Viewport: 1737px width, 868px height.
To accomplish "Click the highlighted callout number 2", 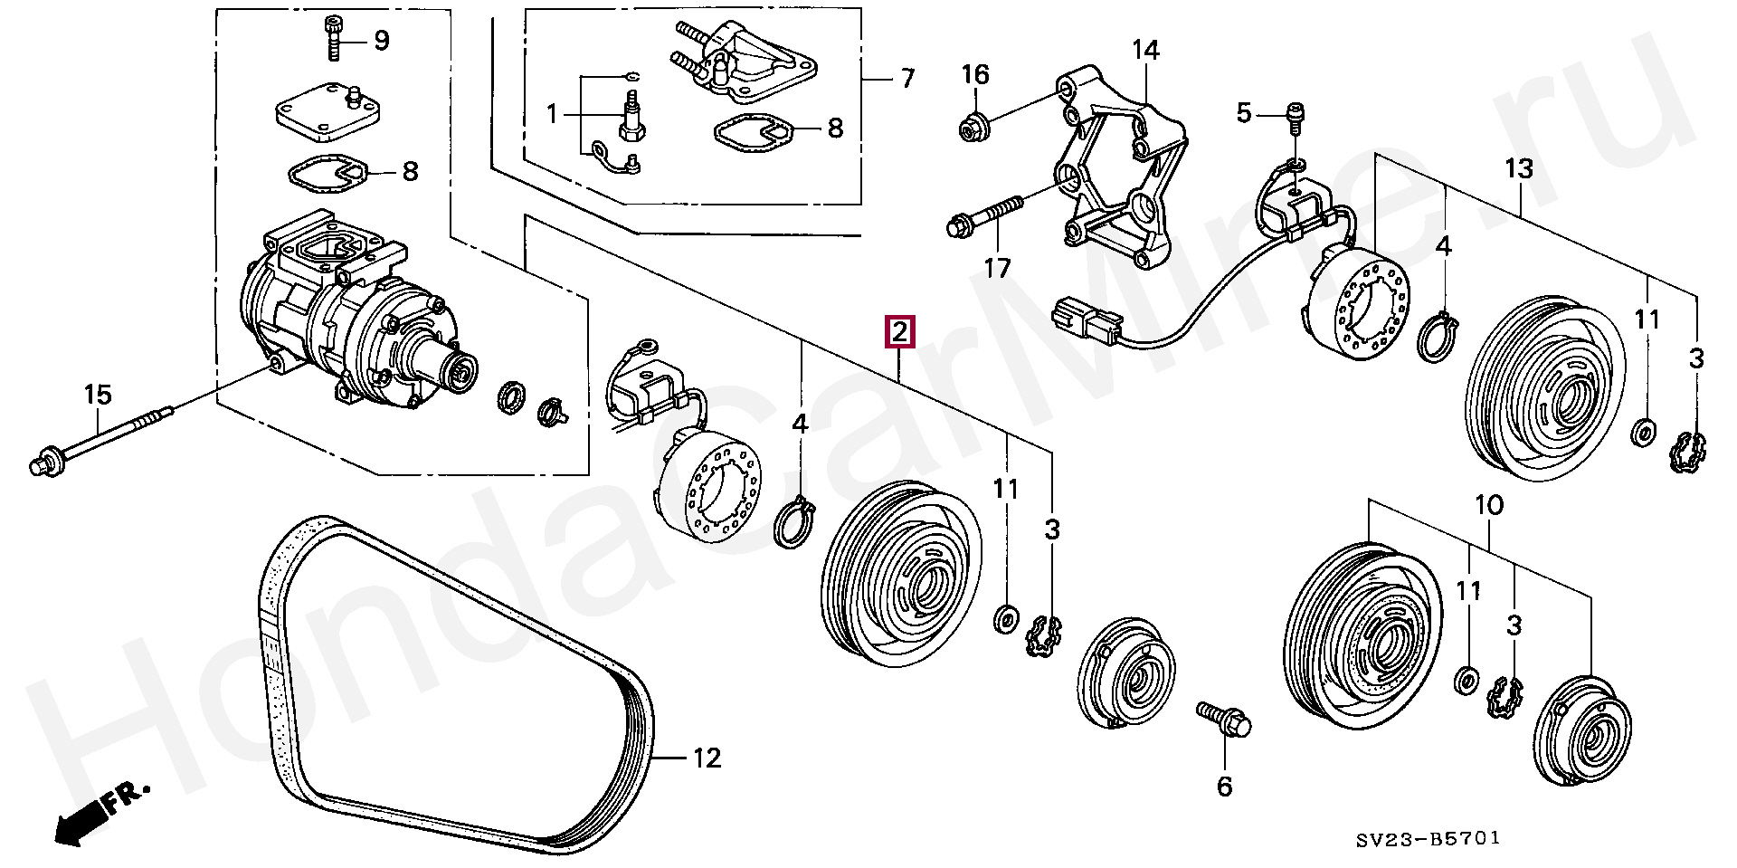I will [x=900, y=332].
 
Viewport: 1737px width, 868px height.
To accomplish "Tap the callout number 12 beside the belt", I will [x=707, y=758].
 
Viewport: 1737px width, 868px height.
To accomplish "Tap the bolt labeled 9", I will [x=334, y=39].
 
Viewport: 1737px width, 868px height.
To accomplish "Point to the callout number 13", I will [x=1520, y=168].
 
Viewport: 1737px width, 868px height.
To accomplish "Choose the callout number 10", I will [x=1488, y=505].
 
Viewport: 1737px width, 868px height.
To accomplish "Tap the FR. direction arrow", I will [x=95, y=810].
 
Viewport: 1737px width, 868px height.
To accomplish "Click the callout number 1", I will [x=553, y=115].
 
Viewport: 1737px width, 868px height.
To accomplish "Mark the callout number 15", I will [x=98, y=395].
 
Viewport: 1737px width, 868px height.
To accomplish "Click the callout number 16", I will [x=975, y=74].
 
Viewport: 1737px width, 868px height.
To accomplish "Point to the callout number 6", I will [x=1224, y=787].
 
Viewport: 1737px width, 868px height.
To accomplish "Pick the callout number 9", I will [x=381, y=41].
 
